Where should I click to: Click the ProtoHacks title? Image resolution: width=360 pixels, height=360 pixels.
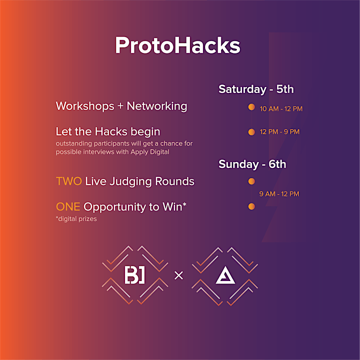coord(177,45)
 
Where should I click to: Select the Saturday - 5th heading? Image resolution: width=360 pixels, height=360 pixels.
coord(256,89)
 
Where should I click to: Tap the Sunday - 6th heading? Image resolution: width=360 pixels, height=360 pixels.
coord(252,164)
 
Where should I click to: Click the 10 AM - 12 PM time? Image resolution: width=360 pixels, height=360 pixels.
coord(281,109)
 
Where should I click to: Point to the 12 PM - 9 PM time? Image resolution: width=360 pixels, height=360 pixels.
coord(279,132)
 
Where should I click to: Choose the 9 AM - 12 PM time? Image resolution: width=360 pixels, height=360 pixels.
coord(279,194)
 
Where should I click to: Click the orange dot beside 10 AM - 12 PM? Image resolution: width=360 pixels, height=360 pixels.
coord(251,107)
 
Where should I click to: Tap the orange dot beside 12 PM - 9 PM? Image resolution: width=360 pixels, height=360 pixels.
coord(251,132)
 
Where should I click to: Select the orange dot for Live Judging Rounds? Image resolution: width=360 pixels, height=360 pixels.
coord(251,181)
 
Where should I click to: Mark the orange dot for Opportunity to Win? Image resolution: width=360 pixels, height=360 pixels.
coord(251,206)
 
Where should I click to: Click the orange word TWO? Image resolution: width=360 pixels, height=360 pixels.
coord(69,181)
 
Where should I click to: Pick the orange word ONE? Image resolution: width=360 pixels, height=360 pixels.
coord(68,206)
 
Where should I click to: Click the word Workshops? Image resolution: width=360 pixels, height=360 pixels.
coord(85,106)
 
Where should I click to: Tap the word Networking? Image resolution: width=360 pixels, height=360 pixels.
coord(157,106)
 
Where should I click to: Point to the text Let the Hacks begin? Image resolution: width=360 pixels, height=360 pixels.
coord(108,132)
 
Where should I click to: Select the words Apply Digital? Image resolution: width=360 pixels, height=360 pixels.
coord(150,152)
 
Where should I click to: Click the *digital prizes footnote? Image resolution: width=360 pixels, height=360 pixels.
coord(76,219)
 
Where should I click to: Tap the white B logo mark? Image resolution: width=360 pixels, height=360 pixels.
coord(135,275)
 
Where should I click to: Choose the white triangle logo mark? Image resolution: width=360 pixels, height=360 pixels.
coord(225,275)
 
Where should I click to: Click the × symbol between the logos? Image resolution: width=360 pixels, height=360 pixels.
coord(178,275)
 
